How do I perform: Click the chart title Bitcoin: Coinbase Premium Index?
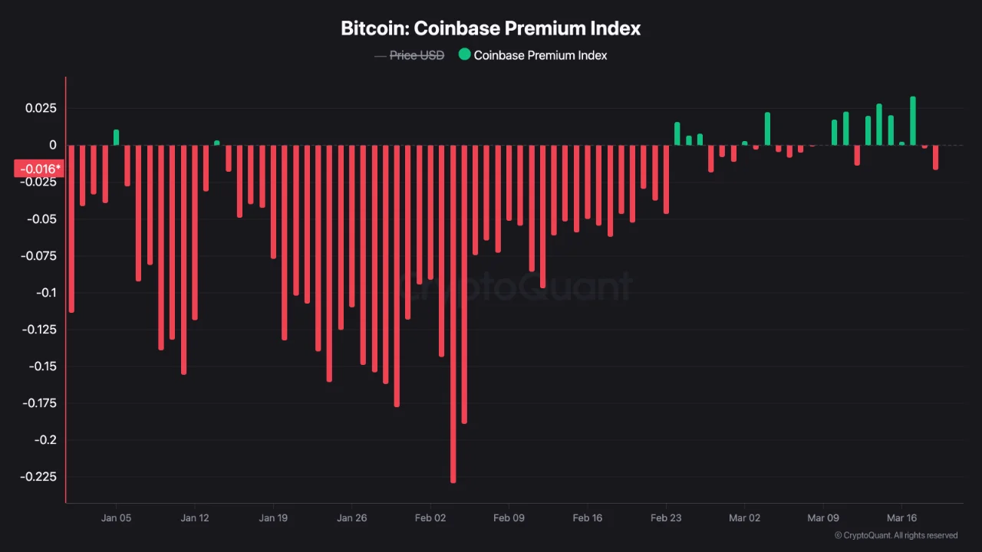[490, 29]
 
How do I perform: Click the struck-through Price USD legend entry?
[417, 55]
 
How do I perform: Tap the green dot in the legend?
[464, 54]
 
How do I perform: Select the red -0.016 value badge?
[38, 169]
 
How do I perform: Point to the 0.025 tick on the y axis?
[42, 108]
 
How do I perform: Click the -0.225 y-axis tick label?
[40, 477]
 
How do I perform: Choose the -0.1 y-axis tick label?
[47, 293]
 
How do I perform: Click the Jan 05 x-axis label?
[116, 518]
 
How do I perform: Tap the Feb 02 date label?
[430, 518]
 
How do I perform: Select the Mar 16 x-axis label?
[901, 518]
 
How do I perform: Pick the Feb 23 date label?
[666, 518]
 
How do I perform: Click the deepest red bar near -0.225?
[453, 314]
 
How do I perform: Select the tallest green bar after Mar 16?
[913, 120]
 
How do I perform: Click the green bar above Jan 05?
[117, 137]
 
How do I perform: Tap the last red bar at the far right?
[935, 157]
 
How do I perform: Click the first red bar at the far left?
[71, 228]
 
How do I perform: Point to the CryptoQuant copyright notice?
[895, 536]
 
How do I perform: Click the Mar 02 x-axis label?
[744, 518]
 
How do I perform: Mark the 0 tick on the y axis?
[53, 145]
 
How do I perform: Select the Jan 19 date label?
[273, 518]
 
